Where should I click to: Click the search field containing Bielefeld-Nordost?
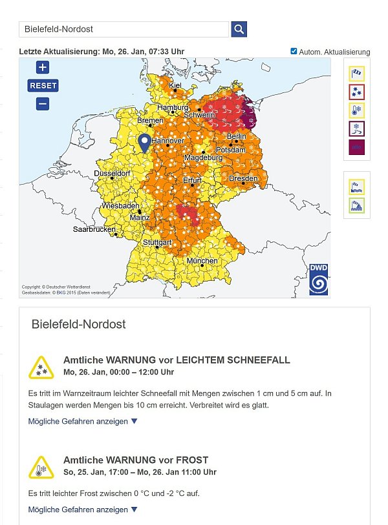[124, 29]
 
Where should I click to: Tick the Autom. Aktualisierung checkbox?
[294, 51]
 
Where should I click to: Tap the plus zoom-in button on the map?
[43, 68]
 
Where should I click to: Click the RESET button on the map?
[43, 85]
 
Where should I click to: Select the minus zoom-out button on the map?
[43, 103]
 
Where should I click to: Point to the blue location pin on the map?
[144, 143]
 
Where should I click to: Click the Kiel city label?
[175, 85]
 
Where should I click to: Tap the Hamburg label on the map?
[173, 107]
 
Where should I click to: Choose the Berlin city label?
[236, 136]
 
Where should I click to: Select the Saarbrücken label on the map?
[94, 229]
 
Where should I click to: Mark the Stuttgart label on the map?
[157, 242]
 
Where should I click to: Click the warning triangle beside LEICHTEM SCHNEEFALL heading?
[41, 367]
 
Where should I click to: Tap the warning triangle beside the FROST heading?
[41, 467]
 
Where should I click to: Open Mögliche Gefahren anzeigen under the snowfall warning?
[83, 421]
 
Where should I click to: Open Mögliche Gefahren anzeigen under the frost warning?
[83, 510]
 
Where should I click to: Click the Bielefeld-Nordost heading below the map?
[78, 324]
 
